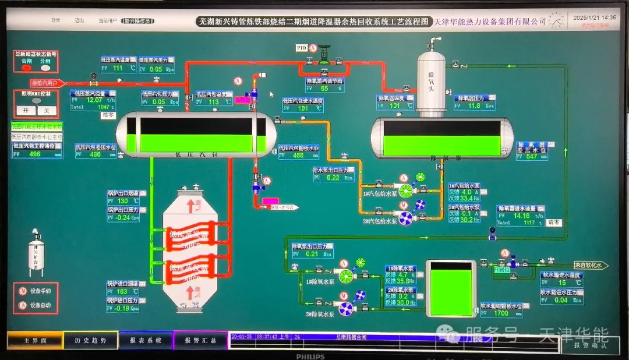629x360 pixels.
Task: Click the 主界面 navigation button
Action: [x=33, y=340]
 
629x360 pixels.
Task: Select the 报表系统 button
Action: [x=146, y=340]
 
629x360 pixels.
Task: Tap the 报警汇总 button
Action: [x=200, y=340]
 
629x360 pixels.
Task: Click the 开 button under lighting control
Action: [x=26, y=110]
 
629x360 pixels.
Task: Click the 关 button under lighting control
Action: [x=47, y=110]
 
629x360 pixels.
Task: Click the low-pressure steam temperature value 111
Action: [x=118, y=68]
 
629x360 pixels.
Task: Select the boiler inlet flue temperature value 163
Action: [x=122, y=291]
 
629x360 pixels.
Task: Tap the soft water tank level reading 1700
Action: [x=500, y=313]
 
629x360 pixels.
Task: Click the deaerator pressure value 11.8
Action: [x=474, y=106]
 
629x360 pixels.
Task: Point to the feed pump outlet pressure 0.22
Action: [x=333, y=178]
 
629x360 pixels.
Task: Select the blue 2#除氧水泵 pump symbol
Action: [x=346, y=308]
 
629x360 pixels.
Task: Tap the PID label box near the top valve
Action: [x=302, y=47]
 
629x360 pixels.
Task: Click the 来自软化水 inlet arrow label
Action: [x=591, y=265]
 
